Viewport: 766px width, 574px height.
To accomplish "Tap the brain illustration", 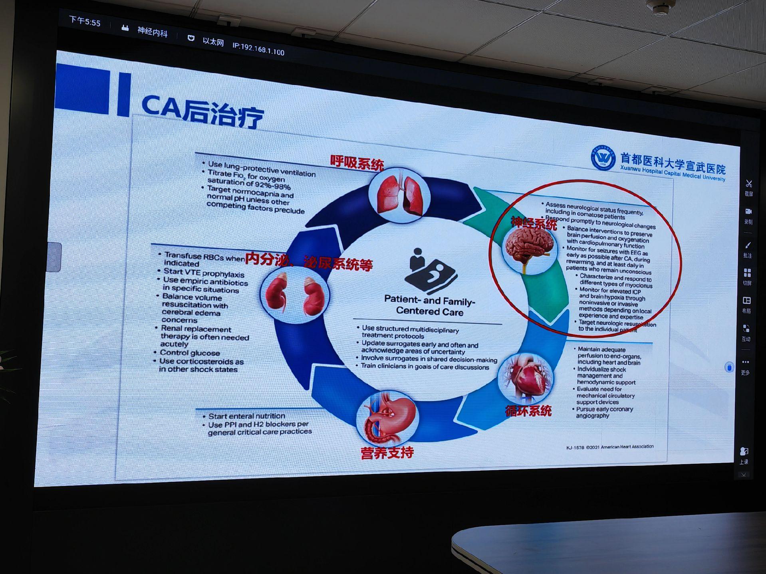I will [529, 246].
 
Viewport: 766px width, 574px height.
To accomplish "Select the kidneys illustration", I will [294, 295].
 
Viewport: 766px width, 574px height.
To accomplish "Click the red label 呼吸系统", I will [357, 163].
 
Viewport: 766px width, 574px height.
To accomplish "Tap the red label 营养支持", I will [387, 453].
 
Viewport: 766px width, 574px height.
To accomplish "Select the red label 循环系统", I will [528, 411].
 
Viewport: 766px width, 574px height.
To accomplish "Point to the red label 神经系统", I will [534, 223].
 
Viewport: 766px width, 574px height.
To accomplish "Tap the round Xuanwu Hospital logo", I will [603, 157].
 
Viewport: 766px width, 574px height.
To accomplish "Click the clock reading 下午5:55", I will [85, 21].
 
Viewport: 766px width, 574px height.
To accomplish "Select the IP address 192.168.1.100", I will [258, 49].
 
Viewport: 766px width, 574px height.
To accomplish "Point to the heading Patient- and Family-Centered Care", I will [429, 306].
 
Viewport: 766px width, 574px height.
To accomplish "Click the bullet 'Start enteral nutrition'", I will [246, 416].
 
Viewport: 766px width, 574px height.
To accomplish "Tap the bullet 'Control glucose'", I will [190, 353].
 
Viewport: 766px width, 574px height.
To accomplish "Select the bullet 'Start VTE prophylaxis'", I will [204, 273].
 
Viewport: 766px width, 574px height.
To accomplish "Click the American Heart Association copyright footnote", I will [609, 447].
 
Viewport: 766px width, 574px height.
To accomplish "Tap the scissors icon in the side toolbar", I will [748, 184].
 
